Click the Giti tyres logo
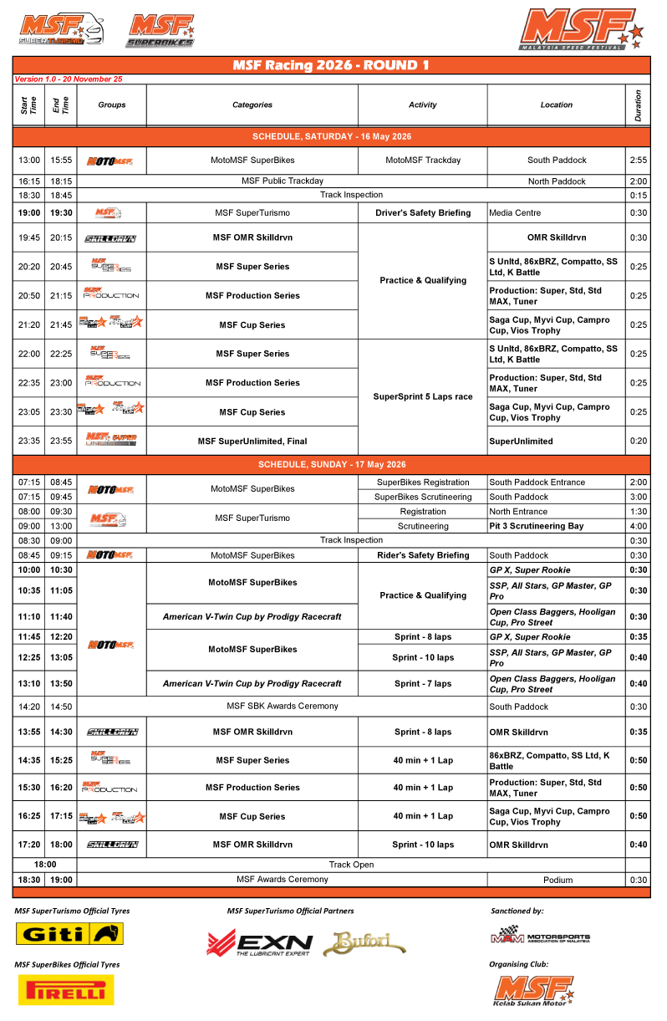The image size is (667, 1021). coord(70,933)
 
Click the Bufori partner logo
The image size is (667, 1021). coord(364,943)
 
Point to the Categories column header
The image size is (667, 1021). coord(252,105)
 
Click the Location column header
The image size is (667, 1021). coord(556,105)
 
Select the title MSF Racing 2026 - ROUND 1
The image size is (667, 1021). coord(331,65)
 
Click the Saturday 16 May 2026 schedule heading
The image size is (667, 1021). coord(331,136)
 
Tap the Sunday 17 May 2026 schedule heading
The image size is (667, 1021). coord(331,464)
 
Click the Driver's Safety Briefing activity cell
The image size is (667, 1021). coord(422,213)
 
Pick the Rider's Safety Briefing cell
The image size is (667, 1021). coord(422,555)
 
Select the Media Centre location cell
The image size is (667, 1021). coord(516,213)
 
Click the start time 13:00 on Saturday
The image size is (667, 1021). coord(29,161)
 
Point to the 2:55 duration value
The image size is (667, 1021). coord(638,161)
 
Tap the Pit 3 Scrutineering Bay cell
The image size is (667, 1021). coord(542,526)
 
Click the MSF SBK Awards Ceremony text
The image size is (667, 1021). coord(283,707)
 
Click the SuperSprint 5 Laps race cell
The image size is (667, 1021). coord(422,397)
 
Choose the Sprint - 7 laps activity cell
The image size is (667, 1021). coord(422,684)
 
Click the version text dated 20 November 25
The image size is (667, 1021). coord(69,79)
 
